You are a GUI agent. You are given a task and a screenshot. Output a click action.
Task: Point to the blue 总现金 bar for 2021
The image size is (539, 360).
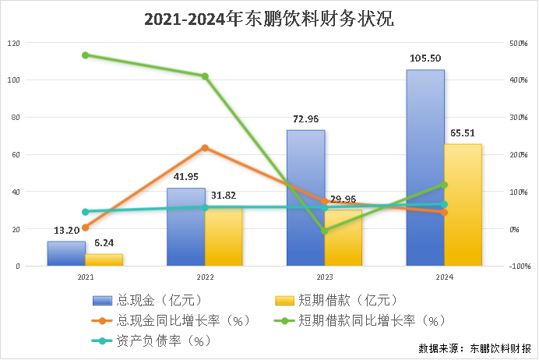(66, 253)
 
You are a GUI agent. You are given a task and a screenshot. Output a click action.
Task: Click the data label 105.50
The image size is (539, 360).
(425, 59)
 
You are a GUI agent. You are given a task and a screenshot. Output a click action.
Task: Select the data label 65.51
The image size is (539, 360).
(463, 133)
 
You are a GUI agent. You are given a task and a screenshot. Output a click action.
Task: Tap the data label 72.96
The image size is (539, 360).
(305, 119)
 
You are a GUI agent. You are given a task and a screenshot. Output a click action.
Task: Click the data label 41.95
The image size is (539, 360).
(185, 177)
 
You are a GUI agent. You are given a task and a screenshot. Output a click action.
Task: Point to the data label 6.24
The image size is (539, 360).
(104, 242)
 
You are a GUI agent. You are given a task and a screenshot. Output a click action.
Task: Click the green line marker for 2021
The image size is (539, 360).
(85, 55)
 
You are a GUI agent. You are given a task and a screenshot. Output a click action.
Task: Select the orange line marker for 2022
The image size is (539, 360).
(205, 148)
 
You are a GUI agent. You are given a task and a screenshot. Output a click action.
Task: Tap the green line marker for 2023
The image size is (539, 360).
(325, 231)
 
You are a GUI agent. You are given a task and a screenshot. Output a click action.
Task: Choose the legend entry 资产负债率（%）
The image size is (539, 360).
(153, 341)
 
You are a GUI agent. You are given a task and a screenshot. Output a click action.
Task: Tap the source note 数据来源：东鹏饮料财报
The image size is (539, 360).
(474, 348)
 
